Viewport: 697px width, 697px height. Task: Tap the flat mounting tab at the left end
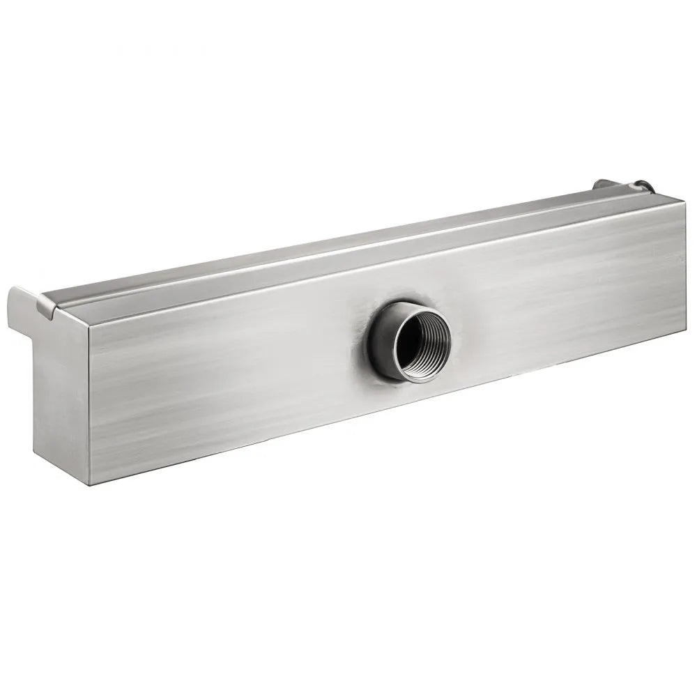click(24, 310)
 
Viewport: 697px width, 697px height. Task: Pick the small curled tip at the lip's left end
click(49, 307)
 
